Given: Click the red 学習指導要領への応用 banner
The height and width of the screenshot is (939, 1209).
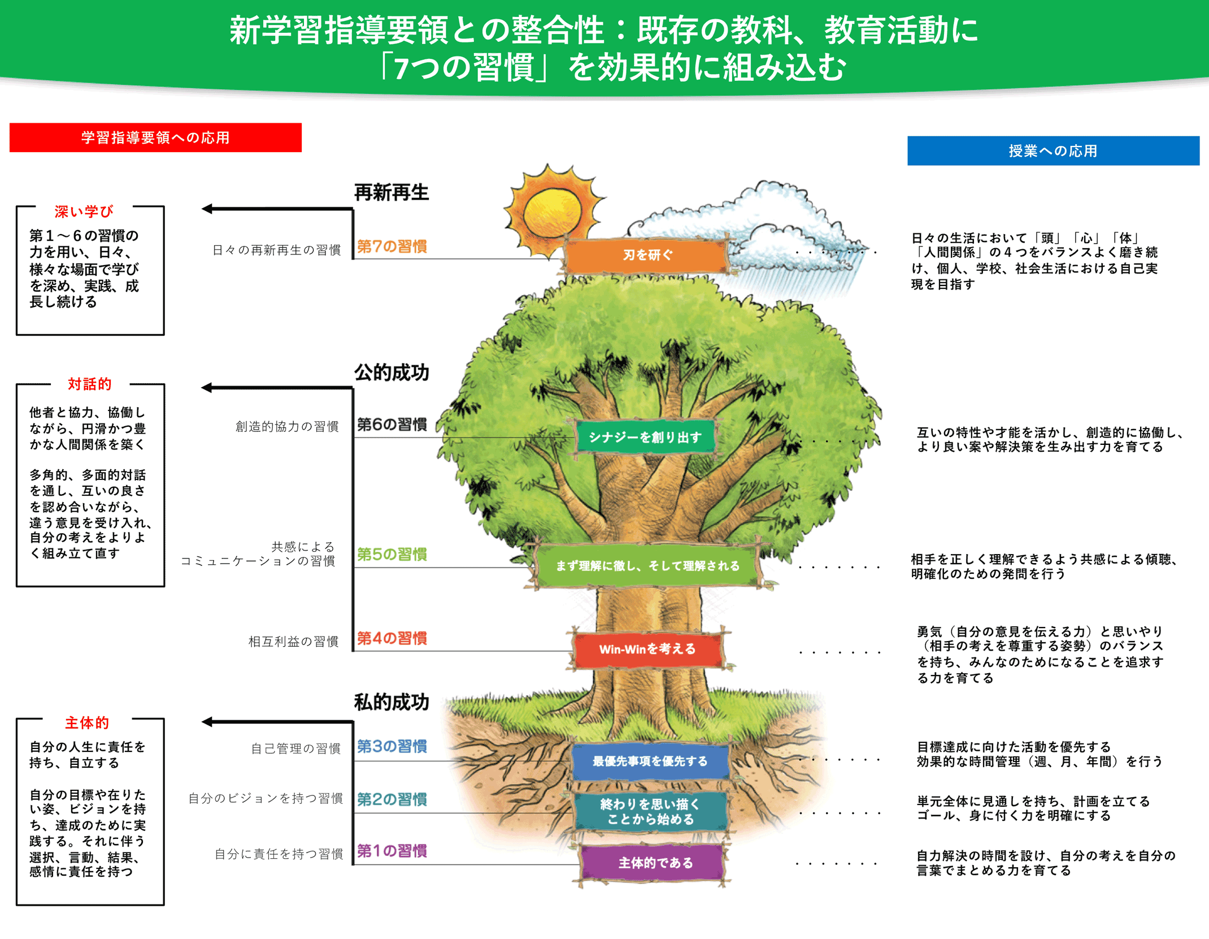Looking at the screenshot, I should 155,137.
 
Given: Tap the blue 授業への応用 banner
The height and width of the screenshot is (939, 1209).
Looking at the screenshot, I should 1053,151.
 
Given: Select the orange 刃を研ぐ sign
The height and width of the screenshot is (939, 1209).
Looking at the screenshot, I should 647,256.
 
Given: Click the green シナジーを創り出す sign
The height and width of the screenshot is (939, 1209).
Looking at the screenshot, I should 645,437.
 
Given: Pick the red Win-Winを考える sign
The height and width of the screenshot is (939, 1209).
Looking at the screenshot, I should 647,649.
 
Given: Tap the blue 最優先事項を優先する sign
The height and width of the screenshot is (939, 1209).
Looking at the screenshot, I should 650,761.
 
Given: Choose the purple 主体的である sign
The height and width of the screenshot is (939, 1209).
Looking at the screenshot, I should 654,863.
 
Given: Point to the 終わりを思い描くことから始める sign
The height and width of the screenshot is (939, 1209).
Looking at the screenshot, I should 650,811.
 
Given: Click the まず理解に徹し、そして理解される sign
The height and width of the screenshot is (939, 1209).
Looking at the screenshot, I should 647,565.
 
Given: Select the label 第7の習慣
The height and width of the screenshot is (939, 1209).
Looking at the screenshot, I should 392,246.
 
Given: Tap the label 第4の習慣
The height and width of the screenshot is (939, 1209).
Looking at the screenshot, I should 392,638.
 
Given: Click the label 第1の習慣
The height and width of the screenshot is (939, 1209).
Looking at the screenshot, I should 392,851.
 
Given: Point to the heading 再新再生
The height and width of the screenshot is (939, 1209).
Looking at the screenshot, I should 391,193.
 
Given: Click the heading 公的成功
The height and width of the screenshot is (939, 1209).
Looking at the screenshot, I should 391,373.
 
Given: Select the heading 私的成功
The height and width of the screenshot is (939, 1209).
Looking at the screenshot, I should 391,702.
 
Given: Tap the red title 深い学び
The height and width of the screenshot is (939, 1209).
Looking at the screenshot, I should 84,211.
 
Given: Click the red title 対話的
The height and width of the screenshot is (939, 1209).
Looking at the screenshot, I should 89,384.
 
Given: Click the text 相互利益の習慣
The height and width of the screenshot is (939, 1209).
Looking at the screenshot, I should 293,641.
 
